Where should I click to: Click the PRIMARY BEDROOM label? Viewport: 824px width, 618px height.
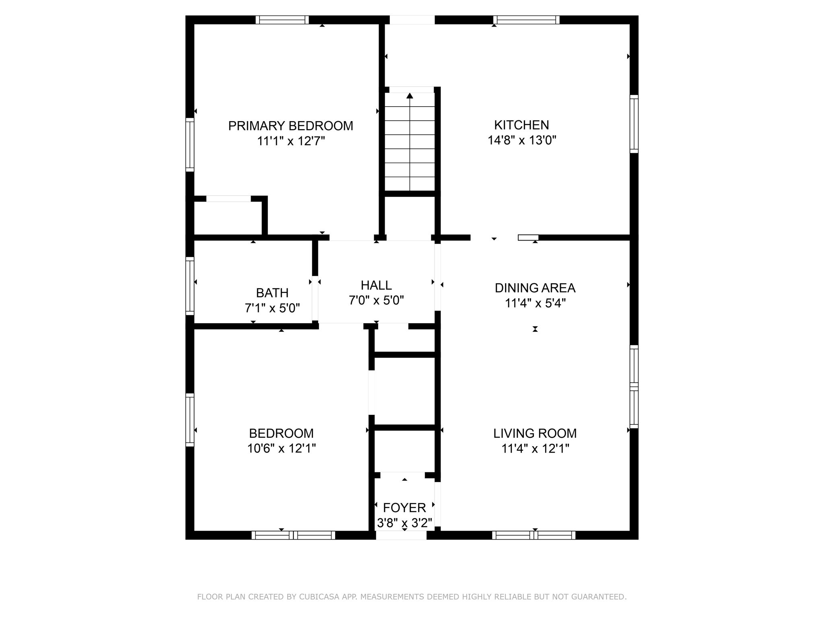[x=290, y=126]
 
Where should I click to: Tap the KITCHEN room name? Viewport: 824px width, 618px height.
[x=521, y=125]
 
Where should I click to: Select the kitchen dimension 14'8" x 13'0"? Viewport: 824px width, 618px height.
[x=522, y=140]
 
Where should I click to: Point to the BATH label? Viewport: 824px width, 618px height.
[x=272, y=293]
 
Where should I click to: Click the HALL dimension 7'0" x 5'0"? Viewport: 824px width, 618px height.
[x=376, y=300]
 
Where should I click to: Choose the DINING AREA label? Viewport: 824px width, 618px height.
[x=535, y=288]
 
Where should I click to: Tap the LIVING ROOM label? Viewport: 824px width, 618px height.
[x=535, y=433]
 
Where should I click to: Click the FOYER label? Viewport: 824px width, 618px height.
[x=404, y=508]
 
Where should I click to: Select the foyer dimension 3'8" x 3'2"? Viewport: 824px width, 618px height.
[x=404, y=523]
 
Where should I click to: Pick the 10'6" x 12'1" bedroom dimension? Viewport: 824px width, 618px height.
[x=281, y=448]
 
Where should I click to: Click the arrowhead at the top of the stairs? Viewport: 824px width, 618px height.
[x=410, y=96]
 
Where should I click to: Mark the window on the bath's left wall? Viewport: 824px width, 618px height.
[x=190, y=286]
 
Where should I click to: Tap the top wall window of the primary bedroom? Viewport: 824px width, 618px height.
[x=282, y=20]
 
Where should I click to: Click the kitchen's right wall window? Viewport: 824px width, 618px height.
[x=634, y=124]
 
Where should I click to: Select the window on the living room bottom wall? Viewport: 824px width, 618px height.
[x=534, y=535]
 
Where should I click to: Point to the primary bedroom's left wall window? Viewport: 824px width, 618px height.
[x=190, y=145]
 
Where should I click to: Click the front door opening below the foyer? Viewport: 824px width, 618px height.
[x=401, y=535]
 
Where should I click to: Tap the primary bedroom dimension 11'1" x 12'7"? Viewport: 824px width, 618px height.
[x=291, y=141]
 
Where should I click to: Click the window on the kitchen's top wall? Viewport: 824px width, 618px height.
[x=526, y=20]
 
